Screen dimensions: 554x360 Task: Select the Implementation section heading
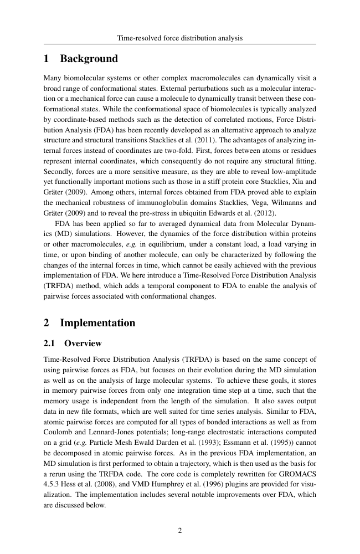pyautogui.click(x=97, y=322)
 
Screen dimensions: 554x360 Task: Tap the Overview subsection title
pyautogui.click(x=83, y=343)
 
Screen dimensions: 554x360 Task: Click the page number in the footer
pyautogui.click(x=180, y=530)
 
